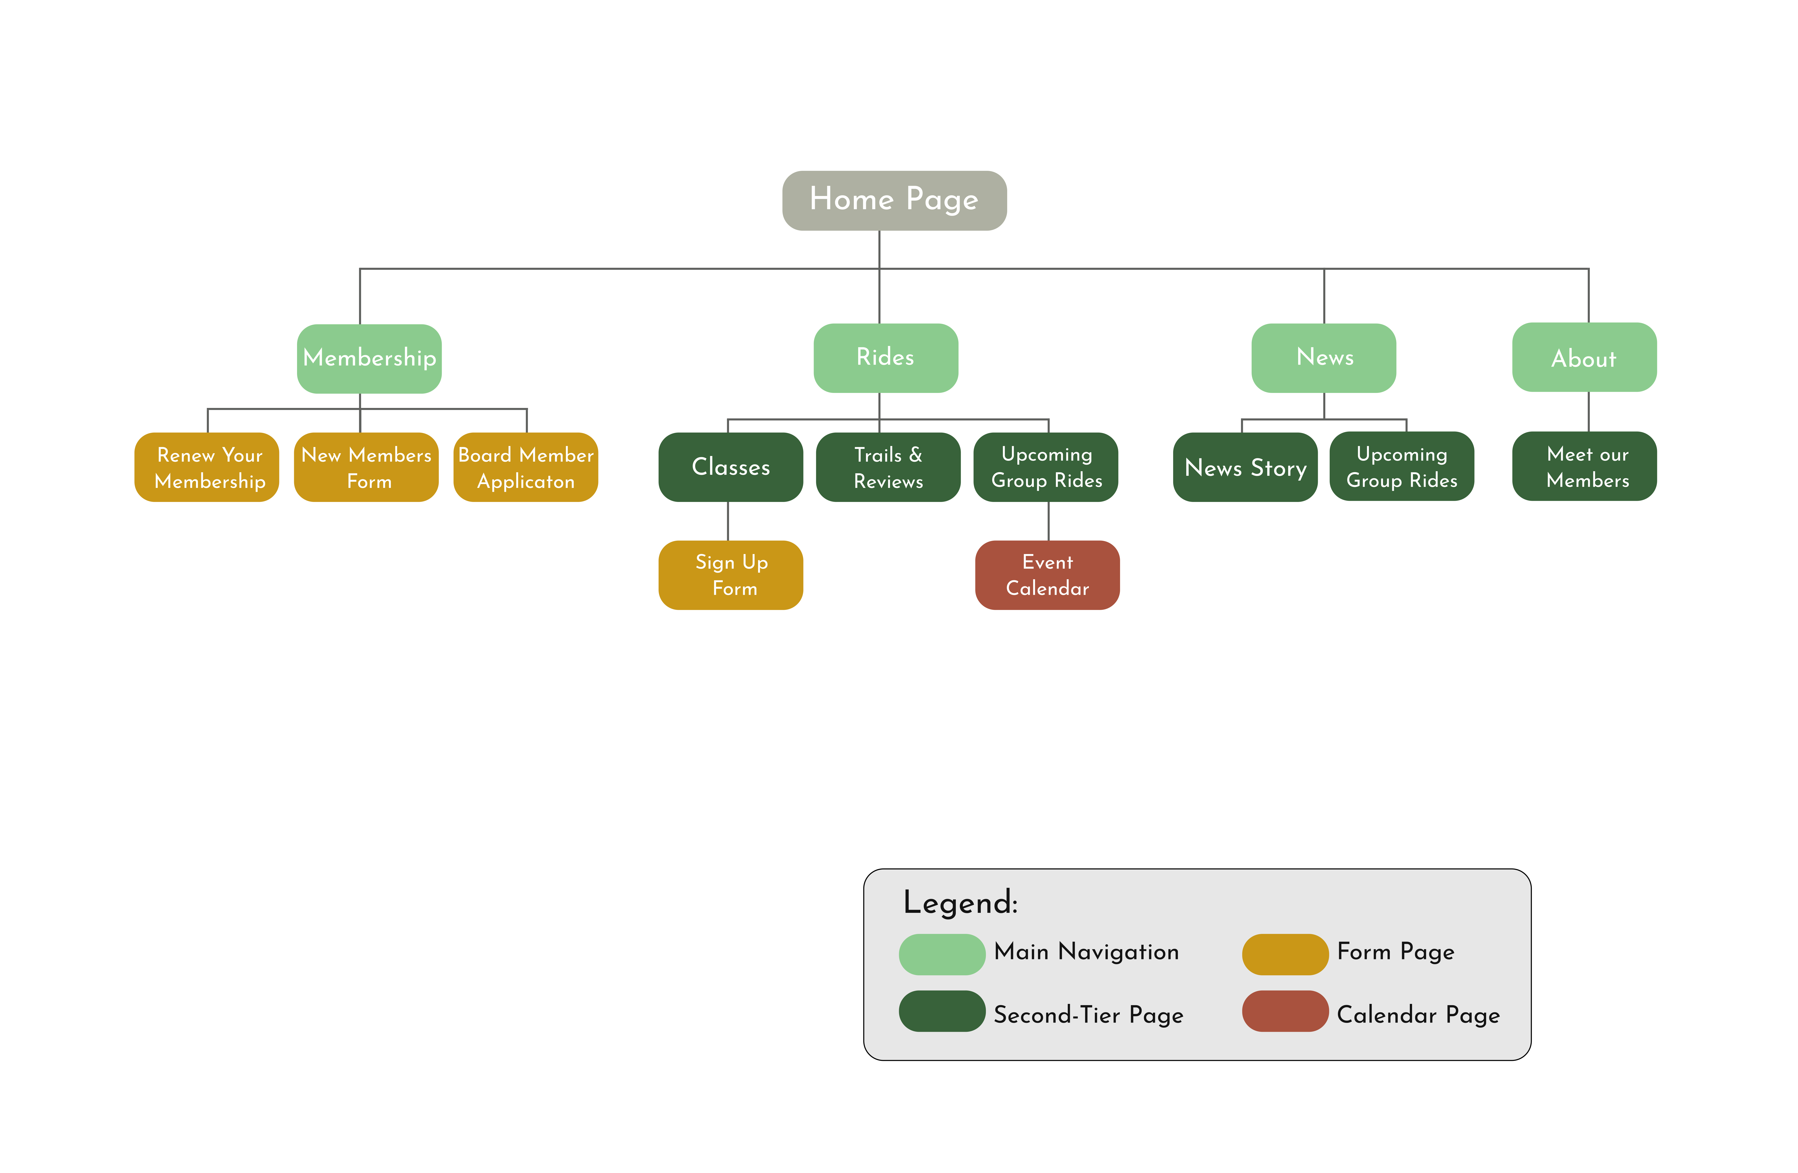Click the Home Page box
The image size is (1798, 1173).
[x=894, y=200]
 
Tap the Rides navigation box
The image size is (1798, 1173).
[x=885, y=357]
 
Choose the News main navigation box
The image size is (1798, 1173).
[x=1324, y=357]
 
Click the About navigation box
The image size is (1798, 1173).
[x=1584, y=357]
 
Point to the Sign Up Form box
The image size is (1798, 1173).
[x=730, y=575]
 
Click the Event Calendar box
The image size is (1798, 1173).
[x=1047, y=575]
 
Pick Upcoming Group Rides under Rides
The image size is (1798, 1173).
[x=1045, y=467]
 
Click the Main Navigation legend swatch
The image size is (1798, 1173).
[x=942, y=954]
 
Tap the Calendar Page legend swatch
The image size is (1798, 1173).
[x=1285, y=1011]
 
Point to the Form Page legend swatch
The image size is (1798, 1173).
[x=1285, y=954]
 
